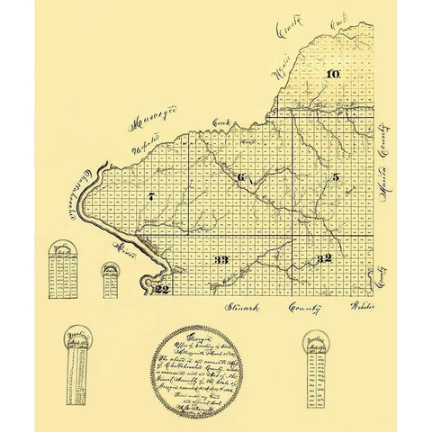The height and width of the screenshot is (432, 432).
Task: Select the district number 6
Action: [240, 177]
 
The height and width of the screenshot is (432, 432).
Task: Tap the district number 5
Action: [335, 177]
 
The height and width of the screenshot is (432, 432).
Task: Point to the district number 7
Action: [152, 196]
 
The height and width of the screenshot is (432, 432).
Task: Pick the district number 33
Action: [222, 259]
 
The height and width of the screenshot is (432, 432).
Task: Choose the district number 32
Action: [324, 258]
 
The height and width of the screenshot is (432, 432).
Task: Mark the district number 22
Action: [162, 289]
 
